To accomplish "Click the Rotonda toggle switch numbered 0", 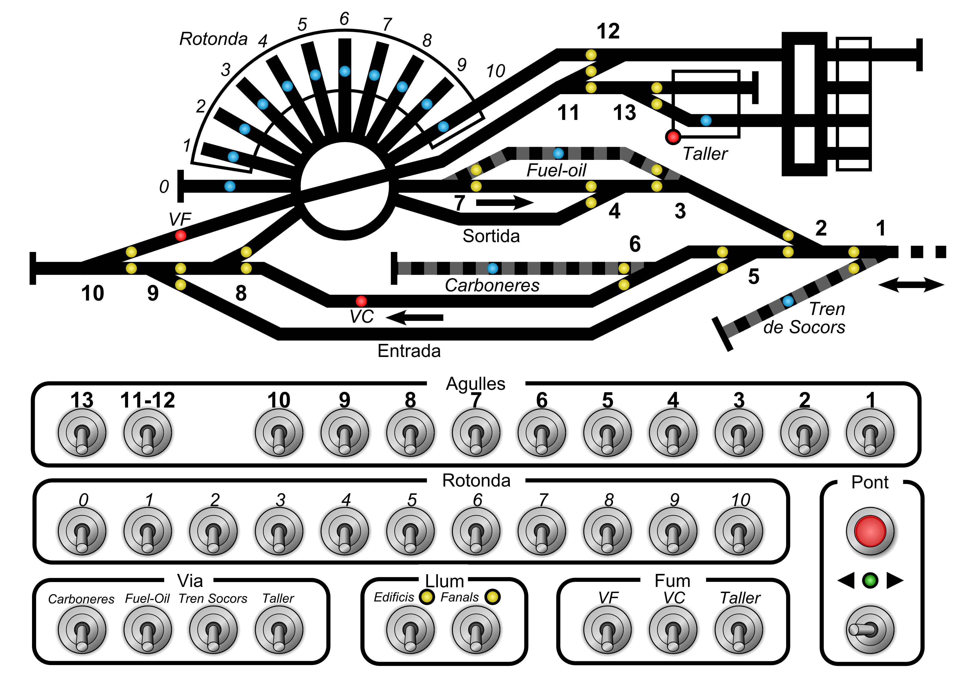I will tap(82, 531).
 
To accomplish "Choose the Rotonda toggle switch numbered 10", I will tap(739, 531).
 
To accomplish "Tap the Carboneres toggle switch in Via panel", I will tap(82, 630).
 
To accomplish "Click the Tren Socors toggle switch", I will tap(213, 630).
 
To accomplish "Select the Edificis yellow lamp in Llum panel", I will tap(427, 597).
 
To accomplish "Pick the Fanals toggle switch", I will tap(476, 630).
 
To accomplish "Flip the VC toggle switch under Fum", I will tap(673, 630).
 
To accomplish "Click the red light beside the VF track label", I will tap(180, 235).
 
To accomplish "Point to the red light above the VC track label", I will tap(361, 301).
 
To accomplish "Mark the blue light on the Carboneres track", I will tap(493, 268).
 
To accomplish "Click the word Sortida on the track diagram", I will tap(491, 236).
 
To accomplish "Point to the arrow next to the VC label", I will tap(414, 318).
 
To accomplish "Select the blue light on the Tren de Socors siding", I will tap(788, 301).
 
